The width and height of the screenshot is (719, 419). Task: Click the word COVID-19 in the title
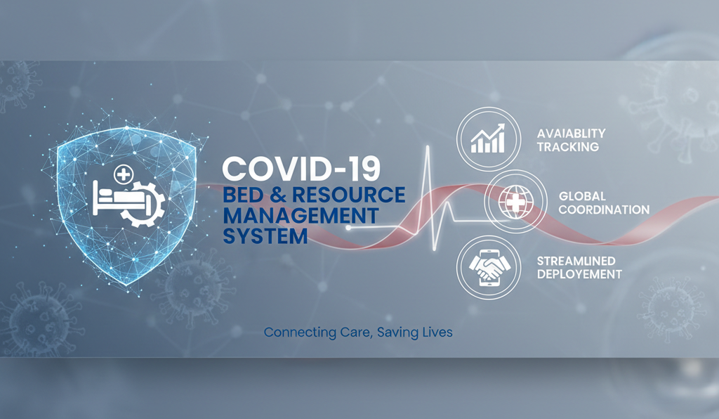pos(301,169)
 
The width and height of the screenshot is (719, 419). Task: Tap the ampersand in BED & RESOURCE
pos(278,195)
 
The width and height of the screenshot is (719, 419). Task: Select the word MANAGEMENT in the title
pos(301,215)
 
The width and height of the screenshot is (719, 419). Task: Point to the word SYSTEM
pos(265,236)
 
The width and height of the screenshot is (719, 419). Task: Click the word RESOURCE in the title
pos(348,195)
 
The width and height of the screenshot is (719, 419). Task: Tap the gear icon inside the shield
pos(146,205)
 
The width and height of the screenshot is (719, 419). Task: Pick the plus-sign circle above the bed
pos(124,174)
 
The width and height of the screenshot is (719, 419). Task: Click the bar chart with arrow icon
pos(488,138)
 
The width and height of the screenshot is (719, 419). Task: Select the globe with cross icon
pos(515,202)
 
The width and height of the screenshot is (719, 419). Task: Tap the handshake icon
pos(489,268)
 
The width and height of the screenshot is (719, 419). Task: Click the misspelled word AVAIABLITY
pos(572,134)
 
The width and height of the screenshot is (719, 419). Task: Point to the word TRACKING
pos(568,147)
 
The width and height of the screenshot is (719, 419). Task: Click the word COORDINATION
pos(604,209)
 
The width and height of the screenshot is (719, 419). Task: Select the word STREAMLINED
pos(576,261)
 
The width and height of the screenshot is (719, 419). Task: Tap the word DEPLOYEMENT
pos(579,274)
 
